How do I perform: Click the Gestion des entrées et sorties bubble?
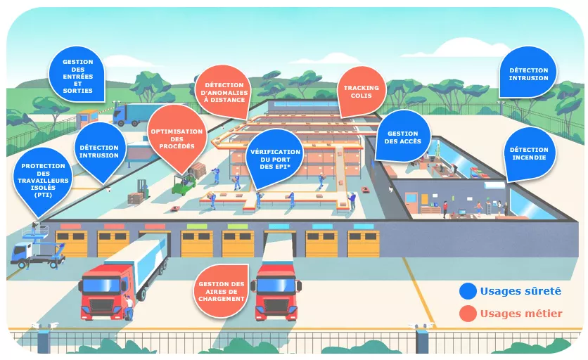point(77,75)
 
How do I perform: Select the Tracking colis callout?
point(361,91)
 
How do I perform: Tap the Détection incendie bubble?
point(529,154)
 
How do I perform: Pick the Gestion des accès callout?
point(403,136)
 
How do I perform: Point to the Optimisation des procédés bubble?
point(177,138)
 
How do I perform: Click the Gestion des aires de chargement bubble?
point(222,290)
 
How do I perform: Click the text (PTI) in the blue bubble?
point(42,195)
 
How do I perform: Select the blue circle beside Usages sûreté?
point(468,291)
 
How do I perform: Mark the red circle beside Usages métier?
point(468,314)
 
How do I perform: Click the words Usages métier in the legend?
point(521,314)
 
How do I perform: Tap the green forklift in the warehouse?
point(184,184)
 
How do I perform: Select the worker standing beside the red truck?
point(129,307)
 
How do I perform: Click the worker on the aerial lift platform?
point(34,228)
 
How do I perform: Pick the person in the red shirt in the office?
point(445,210)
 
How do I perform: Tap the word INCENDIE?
point(529,157)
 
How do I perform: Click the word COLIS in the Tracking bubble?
point(361,96)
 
